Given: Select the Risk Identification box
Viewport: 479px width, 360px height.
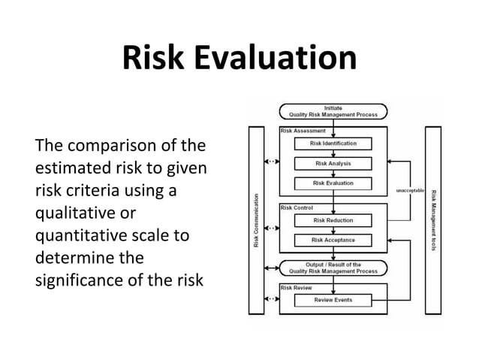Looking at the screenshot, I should (333, 143).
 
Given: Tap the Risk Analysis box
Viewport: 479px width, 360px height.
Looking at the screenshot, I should (333, 163).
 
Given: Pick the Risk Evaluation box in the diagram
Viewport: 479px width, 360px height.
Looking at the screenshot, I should (333, 183).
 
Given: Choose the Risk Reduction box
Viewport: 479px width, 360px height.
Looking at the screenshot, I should (333, 220).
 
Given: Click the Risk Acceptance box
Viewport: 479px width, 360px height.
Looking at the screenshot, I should (333, 240).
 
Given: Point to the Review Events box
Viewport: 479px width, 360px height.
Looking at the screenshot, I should (333, 300).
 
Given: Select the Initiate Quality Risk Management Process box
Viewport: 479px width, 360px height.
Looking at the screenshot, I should (333, 110).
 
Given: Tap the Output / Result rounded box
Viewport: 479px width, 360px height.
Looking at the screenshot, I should (333, 268).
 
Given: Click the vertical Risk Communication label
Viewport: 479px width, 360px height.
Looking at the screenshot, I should (256, 221).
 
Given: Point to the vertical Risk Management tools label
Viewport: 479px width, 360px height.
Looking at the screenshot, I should (434, 221).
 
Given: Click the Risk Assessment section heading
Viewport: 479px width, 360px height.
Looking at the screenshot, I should (302, 130).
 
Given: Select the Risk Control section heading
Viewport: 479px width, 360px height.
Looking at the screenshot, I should (297, 207).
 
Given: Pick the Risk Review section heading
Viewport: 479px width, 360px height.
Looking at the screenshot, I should (297, 287).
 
